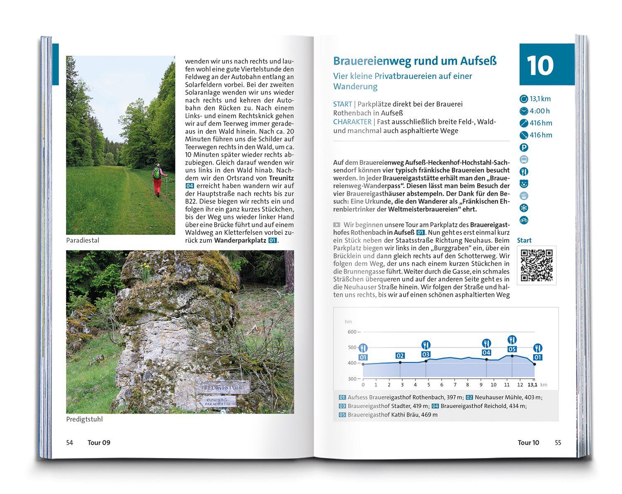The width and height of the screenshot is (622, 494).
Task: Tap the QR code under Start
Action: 537,265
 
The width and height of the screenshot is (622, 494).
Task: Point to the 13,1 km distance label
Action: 540,99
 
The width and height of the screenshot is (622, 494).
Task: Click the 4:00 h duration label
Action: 539,111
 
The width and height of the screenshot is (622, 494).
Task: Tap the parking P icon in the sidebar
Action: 524,147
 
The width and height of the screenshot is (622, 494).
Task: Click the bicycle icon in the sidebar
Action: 524,220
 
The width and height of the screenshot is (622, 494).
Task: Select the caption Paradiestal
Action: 83,241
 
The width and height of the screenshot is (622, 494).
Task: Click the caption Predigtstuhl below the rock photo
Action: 84,419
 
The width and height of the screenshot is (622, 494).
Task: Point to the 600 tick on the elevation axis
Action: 352,332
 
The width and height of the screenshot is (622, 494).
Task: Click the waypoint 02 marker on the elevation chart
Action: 400,356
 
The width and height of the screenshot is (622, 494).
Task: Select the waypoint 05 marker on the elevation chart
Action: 512,350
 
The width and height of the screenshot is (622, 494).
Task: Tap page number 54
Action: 70,443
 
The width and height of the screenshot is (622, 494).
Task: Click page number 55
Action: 558,443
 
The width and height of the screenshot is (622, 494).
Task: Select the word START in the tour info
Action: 342,104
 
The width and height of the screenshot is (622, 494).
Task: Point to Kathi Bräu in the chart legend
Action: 404,414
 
